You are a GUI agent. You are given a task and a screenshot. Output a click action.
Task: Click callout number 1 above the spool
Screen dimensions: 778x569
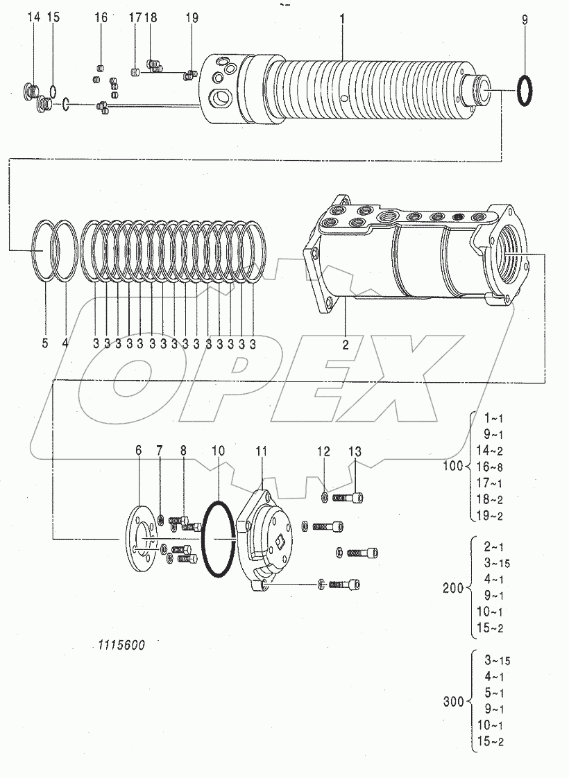click(342, 19)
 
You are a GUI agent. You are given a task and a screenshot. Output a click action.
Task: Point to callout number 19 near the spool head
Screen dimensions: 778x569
click(192, 19)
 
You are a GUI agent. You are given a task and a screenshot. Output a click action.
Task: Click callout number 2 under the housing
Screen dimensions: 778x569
click(344, 342)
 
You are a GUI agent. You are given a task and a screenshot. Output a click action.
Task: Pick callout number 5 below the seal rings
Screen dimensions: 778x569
click(45, 343)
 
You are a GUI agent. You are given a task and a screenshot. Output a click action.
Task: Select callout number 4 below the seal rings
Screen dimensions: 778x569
click(66, 343)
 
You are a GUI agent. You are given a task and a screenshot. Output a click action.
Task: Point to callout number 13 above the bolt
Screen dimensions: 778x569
click(355, 451)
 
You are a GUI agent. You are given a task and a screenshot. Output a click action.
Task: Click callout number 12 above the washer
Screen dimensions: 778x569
click(324, 451)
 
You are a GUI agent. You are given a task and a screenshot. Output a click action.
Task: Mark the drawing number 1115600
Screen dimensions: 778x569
click(121, 644)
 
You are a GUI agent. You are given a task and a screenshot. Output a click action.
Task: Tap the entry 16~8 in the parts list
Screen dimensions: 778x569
click(489, 466)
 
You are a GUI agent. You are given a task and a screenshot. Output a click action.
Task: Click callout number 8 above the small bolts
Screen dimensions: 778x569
click(183, 451)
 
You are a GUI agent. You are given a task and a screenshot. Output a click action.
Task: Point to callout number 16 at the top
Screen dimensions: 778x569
click(101, 18)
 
